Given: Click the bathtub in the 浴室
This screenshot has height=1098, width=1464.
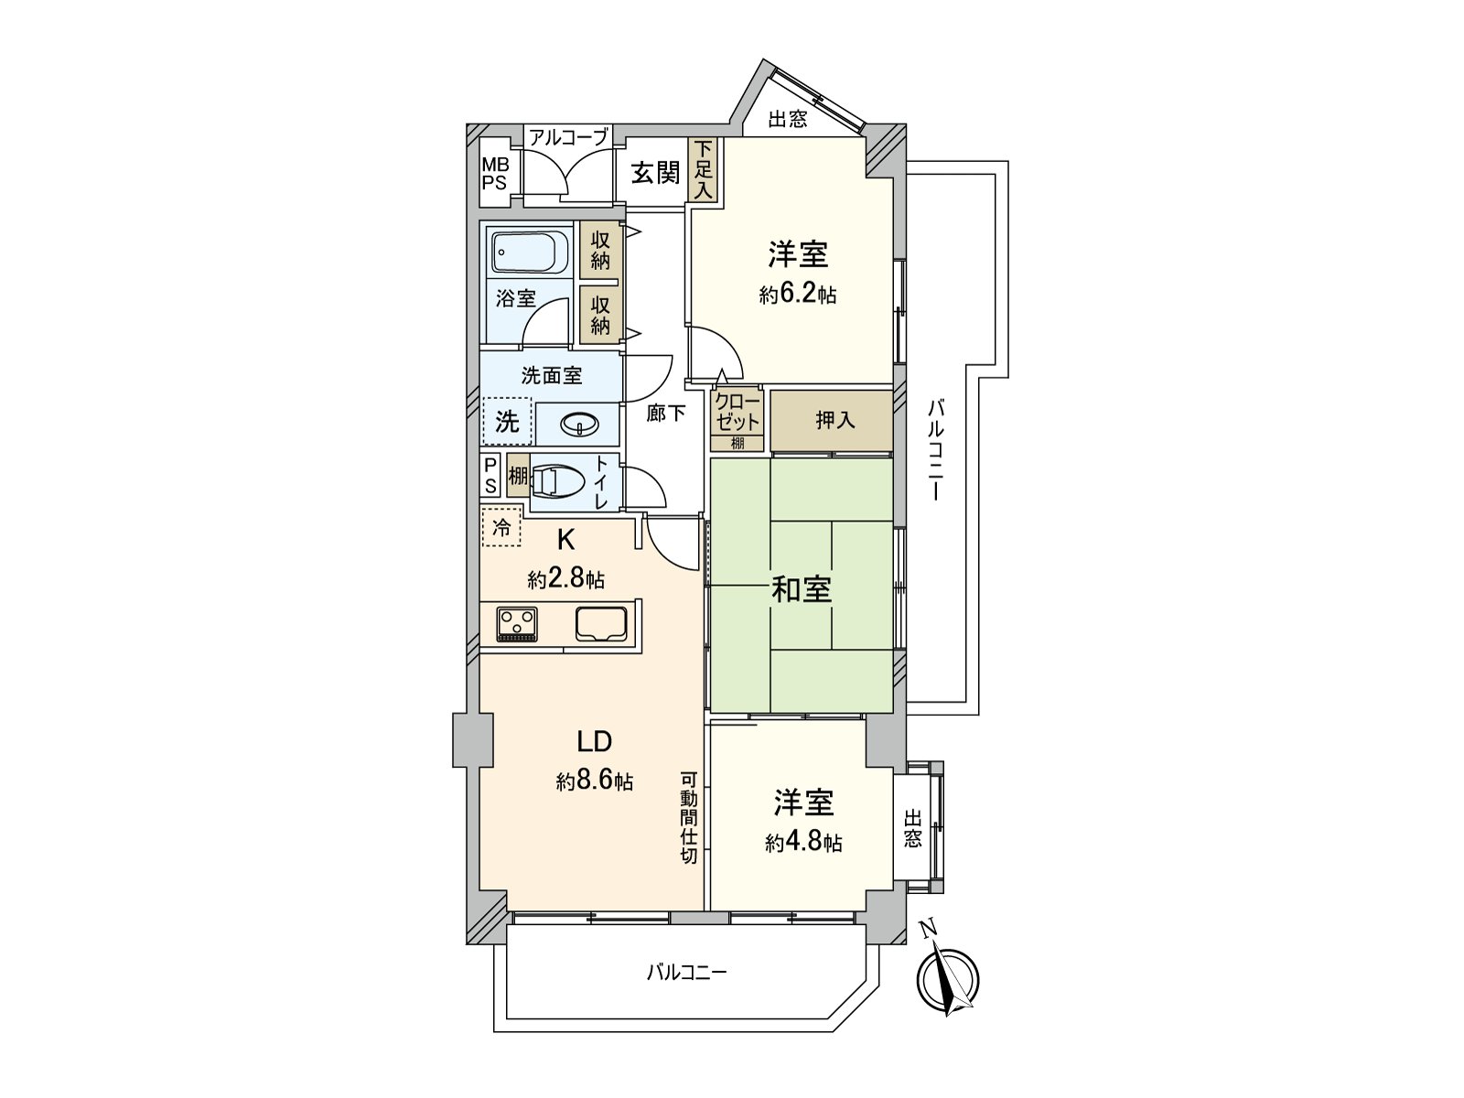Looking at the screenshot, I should pyautogui.click(x=530, y=252).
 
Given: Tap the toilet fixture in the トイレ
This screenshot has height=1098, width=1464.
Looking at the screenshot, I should pyautogui.click(x=558, y=481).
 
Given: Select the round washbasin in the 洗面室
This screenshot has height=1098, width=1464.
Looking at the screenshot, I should pyautogui.click(x=578, y=424).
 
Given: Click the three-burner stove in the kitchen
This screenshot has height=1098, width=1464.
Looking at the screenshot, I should pyautogui.click(x=518, y=624).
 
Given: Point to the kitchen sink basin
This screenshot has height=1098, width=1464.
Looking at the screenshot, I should pyautogui.click(x=598, y=624).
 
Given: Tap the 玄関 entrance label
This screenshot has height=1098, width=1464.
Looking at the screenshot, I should pyautogui.click(x=656, y=172).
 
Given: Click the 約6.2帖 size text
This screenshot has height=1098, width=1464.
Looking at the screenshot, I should pyautogui.click(x=797, y=295).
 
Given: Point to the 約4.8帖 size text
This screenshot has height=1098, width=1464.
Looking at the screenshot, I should pyautogui.click(x=803, y=844).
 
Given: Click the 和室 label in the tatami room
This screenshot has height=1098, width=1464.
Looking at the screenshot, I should pyautogui.click(x=802, y=590).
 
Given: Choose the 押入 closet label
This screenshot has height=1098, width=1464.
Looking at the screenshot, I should pyautogui.click(x=834, y=420).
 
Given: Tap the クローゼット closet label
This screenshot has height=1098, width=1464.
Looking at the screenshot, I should pyautogui.click(x=737, y=414).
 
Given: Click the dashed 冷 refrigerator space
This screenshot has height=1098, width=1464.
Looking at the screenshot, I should pyautogui.click(x=501, y=527).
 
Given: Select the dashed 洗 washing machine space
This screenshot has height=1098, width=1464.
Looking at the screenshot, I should pyautogui.click(x=506, y=422).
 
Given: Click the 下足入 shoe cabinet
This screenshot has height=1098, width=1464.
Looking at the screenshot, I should pyautogui.click(x=703, y=169).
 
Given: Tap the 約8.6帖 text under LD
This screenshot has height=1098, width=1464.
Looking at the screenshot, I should pyautogui.click(x=594, y=781).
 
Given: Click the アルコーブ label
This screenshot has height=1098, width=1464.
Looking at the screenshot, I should pyautogui.click(x=567, y=137).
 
